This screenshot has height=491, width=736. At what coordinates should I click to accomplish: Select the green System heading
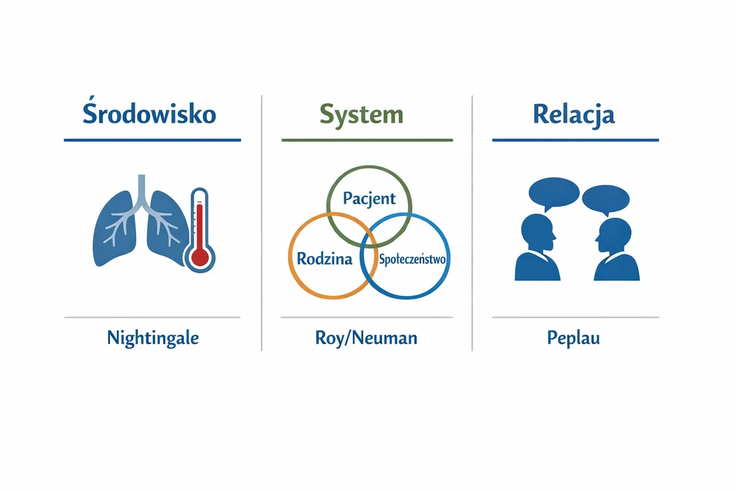click(x=361, y=116)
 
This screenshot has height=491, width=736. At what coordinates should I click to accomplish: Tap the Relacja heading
click(x=573, y=115)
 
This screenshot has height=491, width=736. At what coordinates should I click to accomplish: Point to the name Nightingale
click(x=153, y=338)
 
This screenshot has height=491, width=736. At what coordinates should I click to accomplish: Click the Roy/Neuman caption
click(x=366, y=338)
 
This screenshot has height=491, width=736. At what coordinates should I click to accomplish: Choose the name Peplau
click(x=573, y=338)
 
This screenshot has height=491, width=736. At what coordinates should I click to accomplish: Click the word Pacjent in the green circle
click(x=369, y=199)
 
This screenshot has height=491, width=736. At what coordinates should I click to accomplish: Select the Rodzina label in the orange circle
click(x=324, y=259)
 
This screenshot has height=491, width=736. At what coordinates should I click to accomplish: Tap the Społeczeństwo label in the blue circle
click(x=412, y=259)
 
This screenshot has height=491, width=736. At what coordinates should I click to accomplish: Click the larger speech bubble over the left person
click(x=554, y=194)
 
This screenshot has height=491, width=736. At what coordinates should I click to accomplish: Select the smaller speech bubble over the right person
click(x=606, y=199)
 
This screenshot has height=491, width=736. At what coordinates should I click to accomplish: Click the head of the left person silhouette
click(x=537, y=233)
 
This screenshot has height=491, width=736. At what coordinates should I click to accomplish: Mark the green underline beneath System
click(x=367, y=140)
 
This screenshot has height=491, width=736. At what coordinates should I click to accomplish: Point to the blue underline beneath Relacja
click(x=576, y=140)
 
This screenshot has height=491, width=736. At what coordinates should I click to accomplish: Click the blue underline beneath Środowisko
click(x=153, y=140)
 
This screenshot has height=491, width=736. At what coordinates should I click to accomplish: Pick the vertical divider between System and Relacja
click(x=472, y=223)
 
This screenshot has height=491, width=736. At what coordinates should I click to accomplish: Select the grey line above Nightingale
click(x=153, y=317)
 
